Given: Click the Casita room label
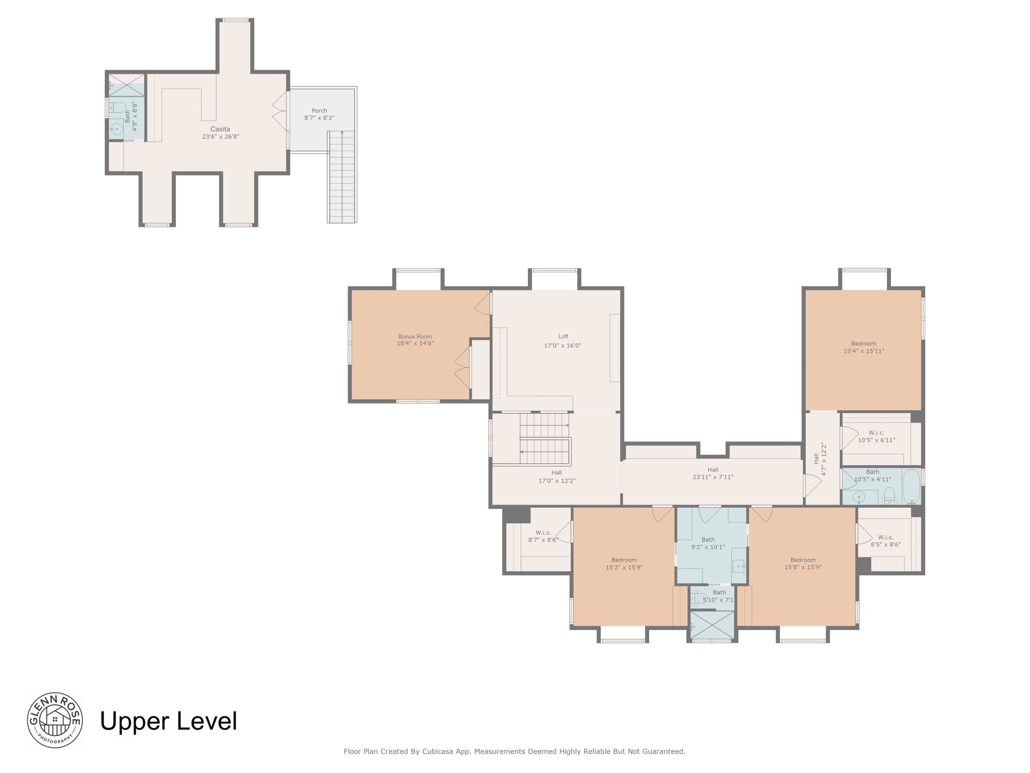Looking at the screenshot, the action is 220,129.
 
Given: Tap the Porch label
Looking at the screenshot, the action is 319,111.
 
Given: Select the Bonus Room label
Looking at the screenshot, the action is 415,337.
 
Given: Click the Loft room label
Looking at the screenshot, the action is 563,337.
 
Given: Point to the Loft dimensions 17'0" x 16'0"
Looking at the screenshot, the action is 563,346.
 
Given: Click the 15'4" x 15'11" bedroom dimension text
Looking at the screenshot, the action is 864,351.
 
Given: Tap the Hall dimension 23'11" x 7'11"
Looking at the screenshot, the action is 712,477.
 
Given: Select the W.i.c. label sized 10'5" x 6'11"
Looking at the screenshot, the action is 877,433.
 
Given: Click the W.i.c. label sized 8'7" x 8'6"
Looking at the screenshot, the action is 543,533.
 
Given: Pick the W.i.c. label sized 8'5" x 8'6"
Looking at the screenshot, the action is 886,537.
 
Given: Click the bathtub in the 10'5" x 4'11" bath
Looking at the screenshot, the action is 911,486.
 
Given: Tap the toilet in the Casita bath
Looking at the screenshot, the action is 117,107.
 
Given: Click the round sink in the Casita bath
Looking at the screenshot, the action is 116,128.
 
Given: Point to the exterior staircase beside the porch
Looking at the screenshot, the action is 342,177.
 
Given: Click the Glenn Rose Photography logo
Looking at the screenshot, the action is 55,720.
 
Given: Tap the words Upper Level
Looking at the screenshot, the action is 168,721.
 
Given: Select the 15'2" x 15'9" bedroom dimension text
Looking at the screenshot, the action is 624,567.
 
